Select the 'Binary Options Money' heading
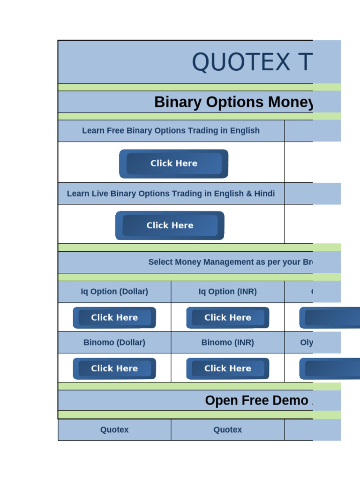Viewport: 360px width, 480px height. pos(233,102)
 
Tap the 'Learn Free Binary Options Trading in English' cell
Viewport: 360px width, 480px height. pos(171,130)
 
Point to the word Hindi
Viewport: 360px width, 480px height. pos(264,194)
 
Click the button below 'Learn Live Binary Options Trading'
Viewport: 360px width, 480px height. pos(170,225)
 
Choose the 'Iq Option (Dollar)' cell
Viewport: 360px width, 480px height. pos(114,292)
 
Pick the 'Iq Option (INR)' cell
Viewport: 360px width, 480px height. pos(228,292)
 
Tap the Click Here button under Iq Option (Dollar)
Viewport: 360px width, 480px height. pos(114,318)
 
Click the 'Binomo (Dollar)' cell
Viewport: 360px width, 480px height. pos(114,343)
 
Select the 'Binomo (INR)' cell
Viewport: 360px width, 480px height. pos(228,343)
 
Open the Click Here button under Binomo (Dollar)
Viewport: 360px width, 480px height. pos(114,368)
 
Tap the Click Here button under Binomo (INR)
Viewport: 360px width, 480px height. pos(228,368)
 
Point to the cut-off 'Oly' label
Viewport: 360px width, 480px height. pos(307,343)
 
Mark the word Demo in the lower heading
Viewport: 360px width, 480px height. pos(290,400)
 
